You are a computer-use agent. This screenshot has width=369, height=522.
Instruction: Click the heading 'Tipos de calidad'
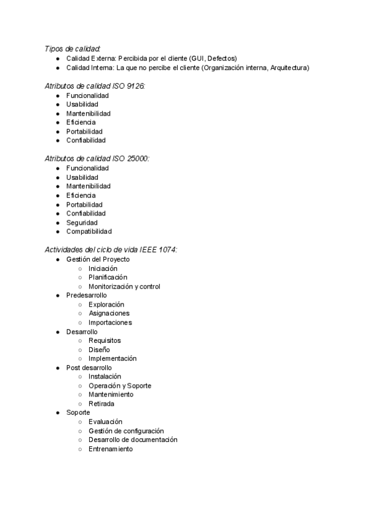click(73, 49)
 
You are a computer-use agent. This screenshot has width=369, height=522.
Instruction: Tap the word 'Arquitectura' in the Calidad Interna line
click(287, 68)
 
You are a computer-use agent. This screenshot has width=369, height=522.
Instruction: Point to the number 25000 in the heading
click(138, 159)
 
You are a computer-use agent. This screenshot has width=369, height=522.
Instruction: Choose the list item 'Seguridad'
click(82, 222)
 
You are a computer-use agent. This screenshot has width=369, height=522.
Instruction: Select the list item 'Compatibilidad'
click(89, 231)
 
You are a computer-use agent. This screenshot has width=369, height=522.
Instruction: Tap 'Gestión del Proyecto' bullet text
click(98, 259)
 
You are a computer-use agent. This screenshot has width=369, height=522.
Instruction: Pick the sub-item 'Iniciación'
click(103, 268)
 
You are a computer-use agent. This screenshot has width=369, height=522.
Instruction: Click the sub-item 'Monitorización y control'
click(124, 286)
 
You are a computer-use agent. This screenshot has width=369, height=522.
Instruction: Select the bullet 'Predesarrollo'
click(86, 295)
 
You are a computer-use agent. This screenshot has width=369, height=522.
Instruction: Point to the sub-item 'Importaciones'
click(110, 323)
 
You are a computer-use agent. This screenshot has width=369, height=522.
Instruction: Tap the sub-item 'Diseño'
click(99, 350)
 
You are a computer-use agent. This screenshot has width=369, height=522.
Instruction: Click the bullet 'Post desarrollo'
click(89, 367)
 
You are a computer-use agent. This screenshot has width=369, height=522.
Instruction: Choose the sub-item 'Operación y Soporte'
click(119, 386)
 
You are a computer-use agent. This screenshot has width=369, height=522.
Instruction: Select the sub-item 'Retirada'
click(101, 404)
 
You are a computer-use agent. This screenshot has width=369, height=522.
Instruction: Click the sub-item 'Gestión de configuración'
click(126, 431)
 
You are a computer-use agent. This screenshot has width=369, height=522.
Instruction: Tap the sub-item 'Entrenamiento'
click(110, 449)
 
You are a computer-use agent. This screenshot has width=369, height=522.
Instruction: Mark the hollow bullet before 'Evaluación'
click(81, 422)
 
